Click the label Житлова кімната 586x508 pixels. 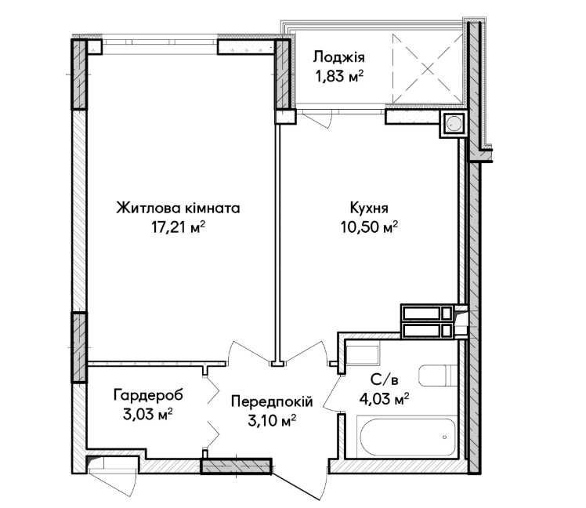pyautogui.click(x=178, y=208)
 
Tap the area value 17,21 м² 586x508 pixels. pyautogui.click(x=179, y=227)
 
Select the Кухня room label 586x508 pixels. pyautogui.click(x=369, y=208)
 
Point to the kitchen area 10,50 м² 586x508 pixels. pyautogui.click(x=369, y=227)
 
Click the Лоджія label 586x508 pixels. pyautogui.click(x=339, y=57)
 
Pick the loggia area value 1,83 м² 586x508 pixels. pyautogui.click(x=339, y=77)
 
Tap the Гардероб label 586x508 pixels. pyautogui.click(x=148, y=395)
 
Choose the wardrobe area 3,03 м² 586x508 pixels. pyautogui.click(x=147, y=414)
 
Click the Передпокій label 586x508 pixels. pyautogui.click(x=272, y=401)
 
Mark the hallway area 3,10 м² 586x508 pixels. pyautogui.click(x=272, y=421)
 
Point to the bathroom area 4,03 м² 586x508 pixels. pyautogui.click(x=384, y=399)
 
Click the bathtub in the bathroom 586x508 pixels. pyautogui.click(x=407, y=437)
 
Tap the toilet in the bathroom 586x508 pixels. pyautogui.click(x=438, y=376)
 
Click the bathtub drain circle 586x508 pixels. pyautogui.click(x=444, y=437)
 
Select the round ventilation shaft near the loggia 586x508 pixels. pyautogui.click(x=454, y=123)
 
